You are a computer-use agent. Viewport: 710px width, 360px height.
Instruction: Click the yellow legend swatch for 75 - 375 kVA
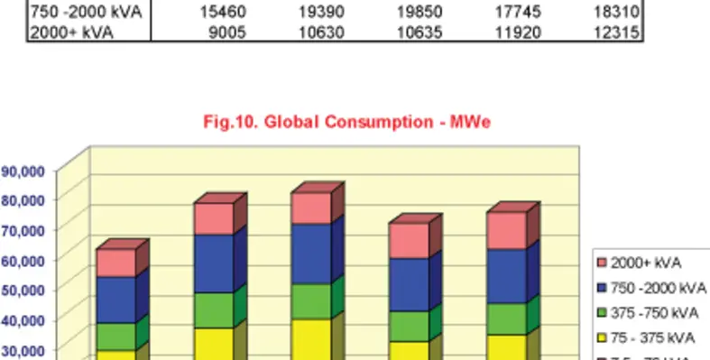tap(603, 338)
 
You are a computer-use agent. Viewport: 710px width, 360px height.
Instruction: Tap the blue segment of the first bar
tap(115, 300)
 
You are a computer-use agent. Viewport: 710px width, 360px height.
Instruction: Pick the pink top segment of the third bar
tap(312, 208)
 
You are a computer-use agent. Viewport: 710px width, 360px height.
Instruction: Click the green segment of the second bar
tap(214, 310)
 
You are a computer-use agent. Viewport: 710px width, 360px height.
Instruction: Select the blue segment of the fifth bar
tap(508, 276)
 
